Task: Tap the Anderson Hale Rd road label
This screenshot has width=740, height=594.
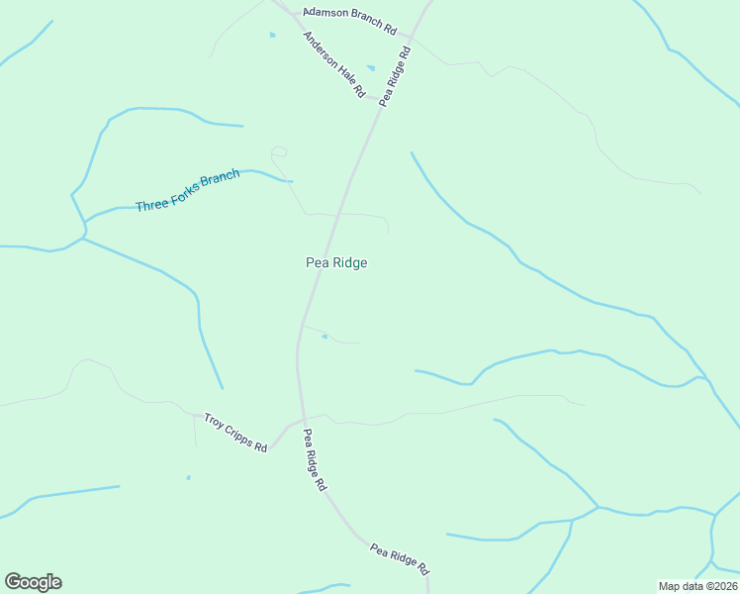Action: (334, 64)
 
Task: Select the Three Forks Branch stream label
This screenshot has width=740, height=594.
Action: (187, 191)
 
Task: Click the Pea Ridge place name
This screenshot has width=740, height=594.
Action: (336, 262)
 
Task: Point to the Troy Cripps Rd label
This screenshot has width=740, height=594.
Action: (235, 433)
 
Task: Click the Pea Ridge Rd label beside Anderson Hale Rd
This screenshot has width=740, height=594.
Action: (395, 74)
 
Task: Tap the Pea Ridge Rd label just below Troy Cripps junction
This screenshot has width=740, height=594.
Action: (315, 460)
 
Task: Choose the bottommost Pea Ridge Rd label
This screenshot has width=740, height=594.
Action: (400, 558)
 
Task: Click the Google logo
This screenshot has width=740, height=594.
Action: (33, 582)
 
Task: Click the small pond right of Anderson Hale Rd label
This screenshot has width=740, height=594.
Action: (371, 67)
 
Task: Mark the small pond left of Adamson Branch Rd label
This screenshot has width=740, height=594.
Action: (272, 35)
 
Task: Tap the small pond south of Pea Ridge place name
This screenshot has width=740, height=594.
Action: (324, 337)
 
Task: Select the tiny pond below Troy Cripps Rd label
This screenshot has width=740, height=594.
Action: (188, 477)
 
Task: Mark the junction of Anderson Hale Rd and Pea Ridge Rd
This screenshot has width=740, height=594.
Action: (377, 99)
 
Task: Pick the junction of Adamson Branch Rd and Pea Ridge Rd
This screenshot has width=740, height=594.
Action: (410, 38)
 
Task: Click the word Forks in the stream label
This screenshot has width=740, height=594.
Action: (189, 190)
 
